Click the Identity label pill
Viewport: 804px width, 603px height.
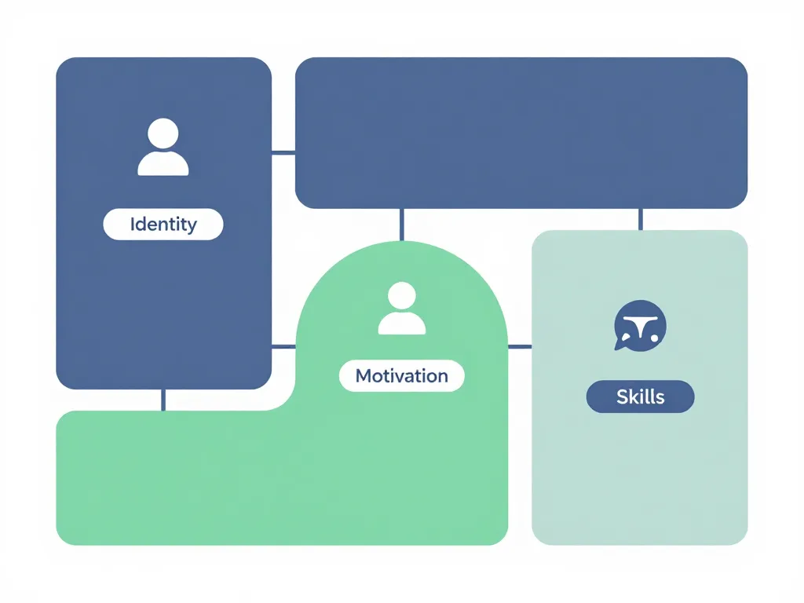point(163,225)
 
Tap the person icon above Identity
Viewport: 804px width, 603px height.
point(163,147)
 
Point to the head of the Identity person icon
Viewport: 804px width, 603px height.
point(163,133)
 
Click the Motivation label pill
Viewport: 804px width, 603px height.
point(401,375)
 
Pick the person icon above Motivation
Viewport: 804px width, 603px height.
point(402,309)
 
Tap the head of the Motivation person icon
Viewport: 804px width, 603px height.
point(402,297)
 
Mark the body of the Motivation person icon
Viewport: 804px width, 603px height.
point(402,323)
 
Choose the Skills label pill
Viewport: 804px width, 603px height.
point(640,397)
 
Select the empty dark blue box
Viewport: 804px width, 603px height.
point(521,133)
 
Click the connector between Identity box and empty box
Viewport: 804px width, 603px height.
point(283,153)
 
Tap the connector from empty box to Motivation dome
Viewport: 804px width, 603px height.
point(402,225)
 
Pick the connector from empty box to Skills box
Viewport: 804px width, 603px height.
point(641,219)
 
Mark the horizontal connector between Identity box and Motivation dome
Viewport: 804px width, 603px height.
point(283,345)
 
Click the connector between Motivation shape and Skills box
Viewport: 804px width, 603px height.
point(520,345)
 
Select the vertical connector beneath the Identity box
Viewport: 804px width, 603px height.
point(163,400)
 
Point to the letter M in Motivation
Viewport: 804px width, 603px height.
point(364,375)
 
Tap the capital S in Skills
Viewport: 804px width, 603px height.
point(622,397)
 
